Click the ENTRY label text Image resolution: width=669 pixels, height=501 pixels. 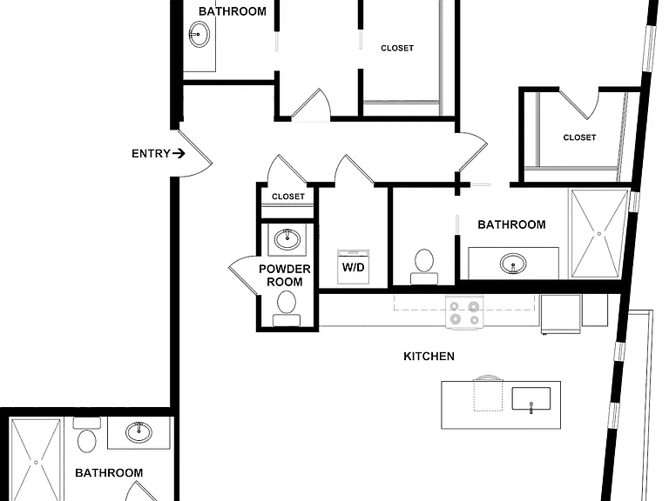click(151, 153)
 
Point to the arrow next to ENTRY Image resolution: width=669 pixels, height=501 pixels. click(179, 153)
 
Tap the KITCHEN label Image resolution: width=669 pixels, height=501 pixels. click(429, 356)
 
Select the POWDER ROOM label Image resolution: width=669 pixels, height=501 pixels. click(285, 275)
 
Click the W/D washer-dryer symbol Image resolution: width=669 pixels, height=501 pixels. click(354, 267)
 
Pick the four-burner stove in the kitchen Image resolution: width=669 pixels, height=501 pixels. click(464, 312)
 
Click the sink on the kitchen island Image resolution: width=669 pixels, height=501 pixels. click(531, 399)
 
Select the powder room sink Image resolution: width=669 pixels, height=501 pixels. click(287, 239)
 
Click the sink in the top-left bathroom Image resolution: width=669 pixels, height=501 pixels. click(199, 34)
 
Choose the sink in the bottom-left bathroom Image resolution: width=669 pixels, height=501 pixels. click(139, 432)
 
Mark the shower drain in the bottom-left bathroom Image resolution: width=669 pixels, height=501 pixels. click(36, 463)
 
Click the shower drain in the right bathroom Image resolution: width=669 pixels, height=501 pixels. click(599, 234)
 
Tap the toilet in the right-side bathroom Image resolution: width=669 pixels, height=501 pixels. click(424, 267)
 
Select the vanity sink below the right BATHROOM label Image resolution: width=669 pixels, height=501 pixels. click(513, 264)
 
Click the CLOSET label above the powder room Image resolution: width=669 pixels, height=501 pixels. click(288, 197)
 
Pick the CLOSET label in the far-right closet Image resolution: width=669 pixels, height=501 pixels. click(579, 137)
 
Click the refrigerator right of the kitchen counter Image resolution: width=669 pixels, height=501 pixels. click(561, 314)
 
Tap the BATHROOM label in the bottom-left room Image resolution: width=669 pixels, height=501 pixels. click(109, 473)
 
